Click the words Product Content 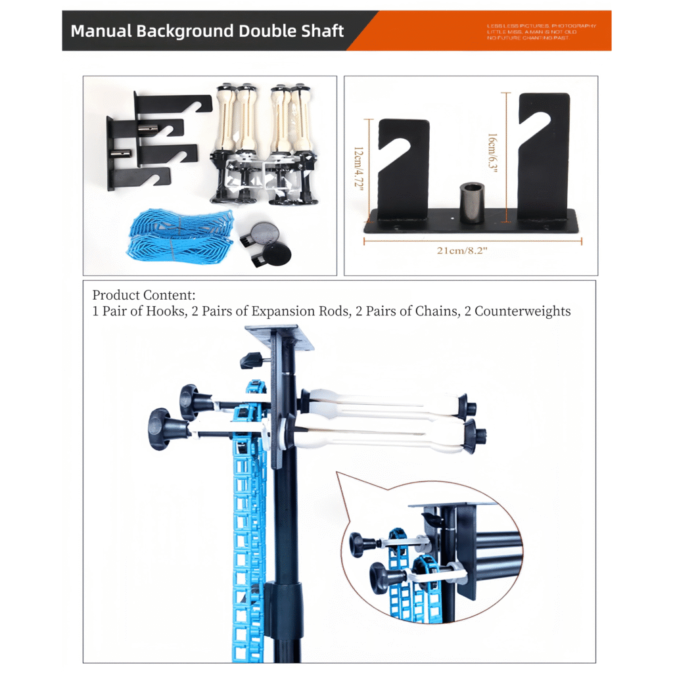[x=144, y=295]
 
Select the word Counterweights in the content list [x=522, y=311]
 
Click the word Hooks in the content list [x=161, y=311]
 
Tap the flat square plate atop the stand [x=280, y=336]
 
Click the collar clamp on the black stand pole [x=285, y=598]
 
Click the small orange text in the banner [x=540, y=32]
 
